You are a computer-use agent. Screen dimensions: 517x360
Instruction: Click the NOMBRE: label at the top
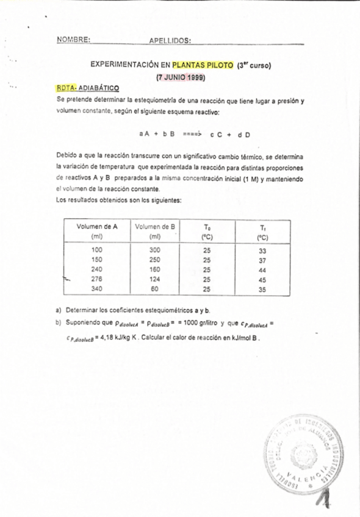tap(73, 39)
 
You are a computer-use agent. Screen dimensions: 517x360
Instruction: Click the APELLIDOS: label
tap(170, 40)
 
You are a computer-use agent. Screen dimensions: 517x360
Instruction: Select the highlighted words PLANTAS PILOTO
tap(202, 64)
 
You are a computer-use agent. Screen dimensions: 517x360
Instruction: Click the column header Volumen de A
tap(96, 226)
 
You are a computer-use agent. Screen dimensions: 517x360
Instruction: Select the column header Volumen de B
tap(155, 226)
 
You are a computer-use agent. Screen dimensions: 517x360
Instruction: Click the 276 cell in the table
tap(96, 280)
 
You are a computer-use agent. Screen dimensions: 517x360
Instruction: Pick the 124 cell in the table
tap(155, 280)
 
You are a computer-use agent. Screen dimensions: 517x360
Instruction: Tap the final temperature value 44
tap(262, 270)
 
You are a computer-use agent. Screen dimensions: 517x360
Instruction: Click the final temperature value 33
tap(262, 251)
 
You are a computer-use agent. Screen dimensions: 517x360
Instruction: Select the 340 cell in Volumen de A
tap(96, 290)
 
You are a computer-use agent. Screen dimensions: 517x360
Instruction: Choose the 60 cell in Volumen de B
tap(155, 290)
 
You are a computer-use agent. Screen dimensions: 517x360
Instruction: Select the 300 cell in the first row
tap(155, 251)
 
